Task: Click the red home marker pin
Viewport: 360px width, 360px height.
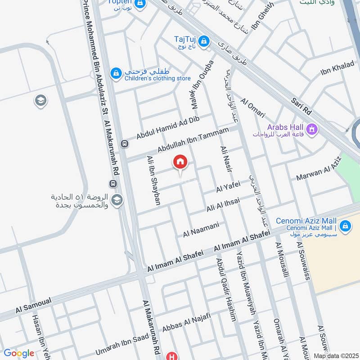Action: click(x=180, y=162)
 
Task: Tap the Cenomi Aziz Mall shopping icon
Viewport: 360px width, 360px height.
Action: click(x=345, y=225)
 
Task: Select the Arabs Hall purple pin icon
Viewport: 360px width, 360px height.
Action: click(x=313, y=130)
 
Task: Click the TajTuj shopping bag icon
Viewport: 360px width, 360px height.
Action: click(x=204, y=41)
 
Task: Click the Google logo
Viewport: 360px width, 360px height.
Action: click(x=18, y=353)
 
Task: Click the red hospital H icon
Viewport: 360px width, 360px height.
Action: click(x=171, y=356)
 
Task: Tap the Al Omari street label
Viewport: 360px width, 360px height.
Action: click(x=252, y=108)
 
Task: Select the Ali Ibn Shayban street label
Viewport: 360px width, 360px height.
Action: click(x=154, y=180)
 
